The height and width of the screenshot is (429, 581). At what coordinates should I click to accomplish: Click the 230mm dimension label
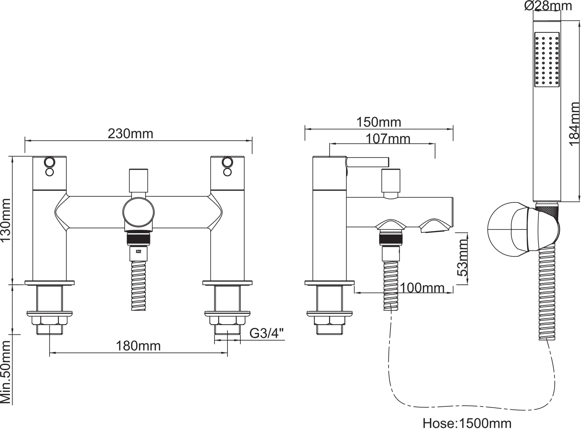[x=130, y=134]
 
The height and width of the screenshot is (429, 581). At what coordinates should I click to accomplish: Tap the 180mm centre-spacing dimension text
[x=138, y=346]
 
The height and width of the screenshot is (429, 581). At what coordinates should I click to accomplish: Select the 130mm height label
[x=6, y=220]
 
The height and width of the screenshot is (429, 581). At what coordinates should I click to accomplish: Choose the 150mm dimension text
[x=379, y=122]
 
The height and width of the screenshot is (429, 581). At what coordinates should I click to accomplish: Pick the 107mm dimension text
[x=388, y=139]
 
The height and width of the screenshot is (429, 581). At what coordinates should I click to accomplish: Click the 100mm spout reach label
[x=422, y=288]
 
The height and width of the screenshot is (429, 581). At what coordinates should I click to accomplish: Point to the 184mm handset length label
[x=574, y=124]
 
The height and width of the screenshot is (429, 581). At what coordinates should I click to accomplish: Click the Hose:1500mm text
[x=467, y=423]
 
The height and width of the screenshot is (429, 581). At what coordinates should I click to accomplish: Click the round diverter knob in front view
[x=139, y=212]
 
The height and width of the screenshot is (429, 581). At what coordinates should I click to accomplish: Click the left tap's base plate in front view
[x=49, y=283]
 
